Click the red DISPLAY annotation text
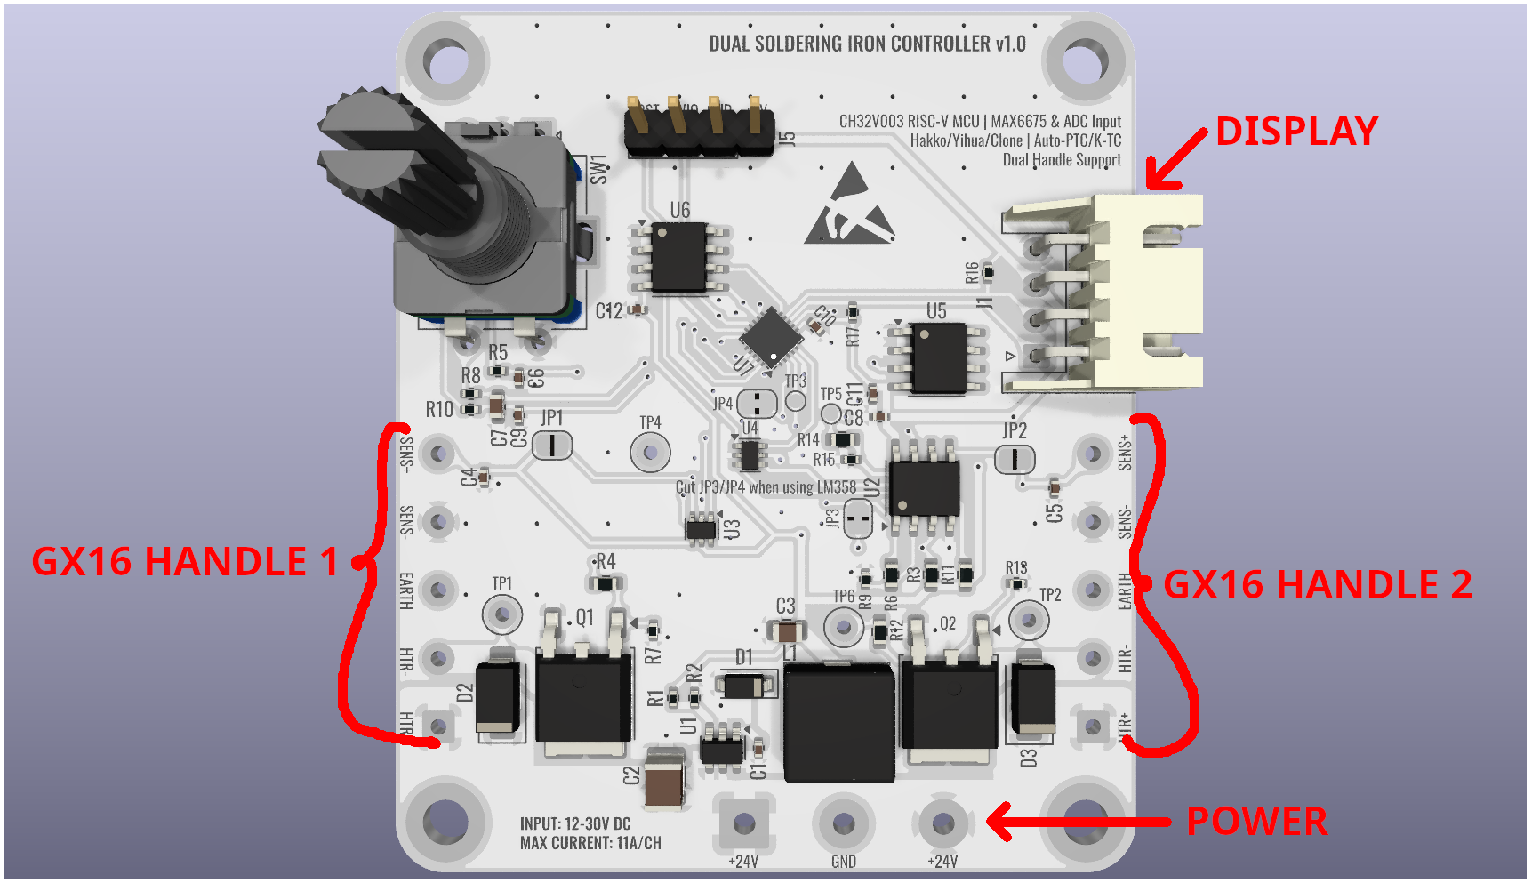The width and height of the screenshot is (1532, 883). point(1296,132)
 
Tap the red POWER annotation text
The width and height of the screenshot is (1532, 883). point(1256,822)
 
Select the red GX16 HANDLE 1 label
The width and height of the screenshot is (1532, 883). point(185,562)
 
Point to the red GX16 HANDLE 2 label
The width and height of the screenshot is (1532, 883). point(1317,585)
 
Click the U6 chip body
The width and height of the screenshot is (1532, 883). point(680,258)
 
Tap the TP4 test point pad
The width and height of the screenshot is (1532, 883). point(650,453)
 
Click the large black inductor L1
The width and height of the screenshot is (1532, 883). point(838,722)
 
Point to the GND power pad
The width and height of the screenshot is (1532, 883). point(843,824)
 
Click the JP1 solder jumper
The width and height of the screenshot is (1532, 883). point(552,445)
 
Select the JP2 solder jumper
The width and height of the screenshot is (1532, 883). point(1015,460)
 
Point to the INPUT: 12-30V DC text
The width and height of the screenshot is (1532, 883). point(575,824)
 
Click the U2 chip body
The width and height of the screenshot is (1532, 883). point(925,486)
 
